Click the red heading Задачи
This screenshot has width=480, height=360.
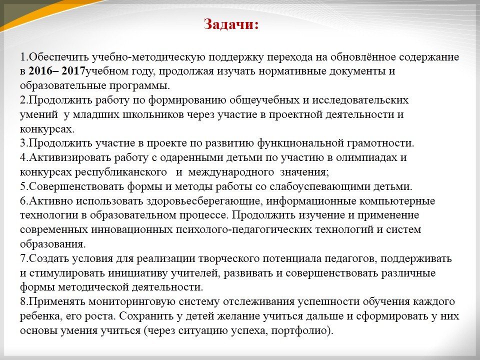point(231,24)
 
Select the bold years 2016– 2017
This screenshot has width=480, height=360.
point(56,71)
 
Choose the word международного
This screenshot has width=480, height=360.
point(231,172)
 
